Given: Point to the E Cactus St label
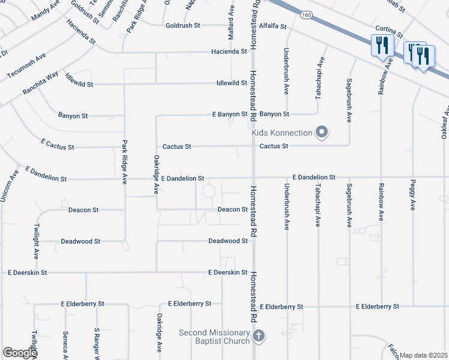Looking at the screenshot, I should pyautogui.click(x=58, y=145).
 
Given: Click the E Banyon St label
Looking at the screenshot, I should pyautogui.click(x=230, y=114).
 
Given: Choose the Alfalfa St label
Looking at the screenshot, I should pyautogui.click(x=273, y=26).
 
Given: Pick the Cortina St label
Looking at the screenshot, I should pyautogui.click(x=388, y=29).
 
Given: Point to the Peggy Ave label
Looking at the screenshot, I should pyautogui.click(x=413, y=195).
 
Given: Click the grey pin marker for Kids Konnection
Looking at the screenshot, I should pyautogui.click(x=322, y=132).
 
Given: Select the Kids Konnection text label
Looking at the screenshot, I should pyautogui.click(x=282, y=133).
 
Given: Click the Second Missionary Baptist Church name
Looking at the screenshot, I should pyautogui.click(x=214, y=337).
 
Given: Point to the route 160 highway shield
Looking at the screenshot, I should pyautogui.click(x=307, y=14).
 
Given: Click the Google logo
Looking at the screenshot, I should pyautogui.click(x=20, y=353).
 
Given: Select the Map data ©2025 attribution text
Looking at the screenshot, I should pyautogui.click(x=424, y=355).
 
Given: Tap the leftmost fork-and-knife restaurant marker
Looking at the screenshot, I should pyautogui.click(x=382, y=45).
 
